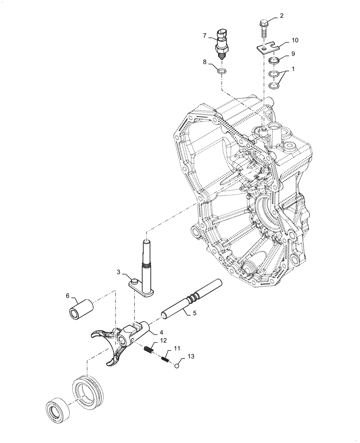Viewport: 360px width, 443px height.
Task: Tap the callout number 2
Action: pos(281,16)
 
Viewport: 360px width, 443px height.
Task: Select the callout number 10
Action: pos(295,40)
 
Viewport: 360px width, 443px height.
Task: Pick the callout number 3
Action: pos(119,272)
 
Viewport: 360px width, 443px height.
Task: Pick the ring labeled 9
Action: pos(274,61)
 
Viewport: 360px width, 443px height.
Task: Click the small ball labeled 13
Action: pos(177,365)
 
